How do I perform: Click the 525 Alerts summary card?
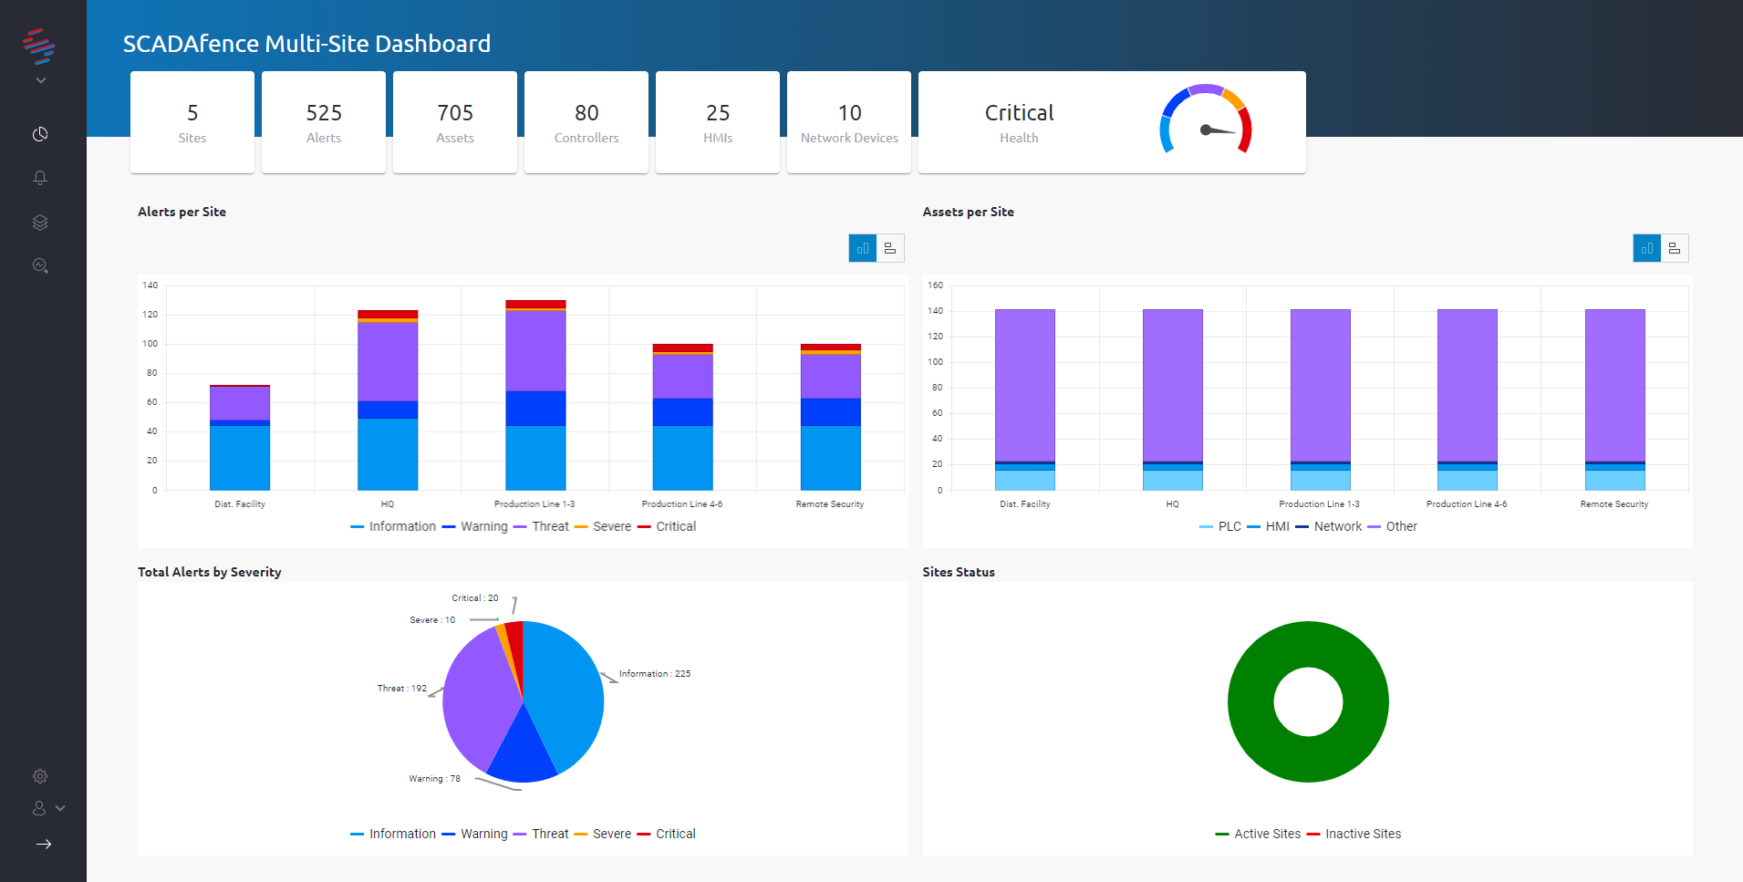324,122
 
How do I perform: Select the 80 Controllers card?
586,122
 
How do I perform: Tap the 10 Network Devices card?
849,122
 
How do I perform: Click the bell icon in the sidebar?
40,178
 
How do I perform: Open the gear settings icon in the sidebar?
40,776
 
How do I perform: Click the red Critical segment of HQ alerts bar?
388,314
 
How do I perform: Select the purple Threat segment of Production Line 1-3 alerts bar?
535,351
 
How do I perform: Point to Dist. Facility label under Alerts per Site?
240,504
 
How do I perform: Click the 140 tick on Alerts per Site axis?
150,285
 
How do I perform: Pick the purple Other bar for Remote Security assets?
1614,383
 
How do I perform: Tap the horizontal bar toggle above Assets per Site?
1675,248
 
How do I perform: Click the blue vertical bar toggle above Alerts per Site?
862,248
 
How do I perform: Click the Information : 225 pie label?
655,674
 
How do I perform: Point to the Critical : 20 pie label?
475,598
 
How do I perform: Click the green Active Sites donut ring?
1250,702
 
